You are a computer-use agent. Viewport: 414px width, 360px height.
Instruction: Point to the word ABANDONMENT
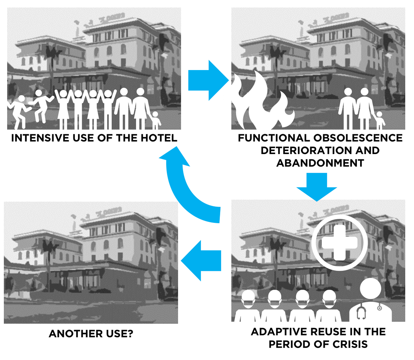click(320, 163)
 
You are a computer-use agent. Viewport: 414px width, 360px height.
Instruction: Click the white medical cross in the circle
click(339, 242)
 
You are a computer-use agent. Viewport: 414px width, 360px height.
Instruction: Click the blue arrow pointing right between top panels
click(208, 80)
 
